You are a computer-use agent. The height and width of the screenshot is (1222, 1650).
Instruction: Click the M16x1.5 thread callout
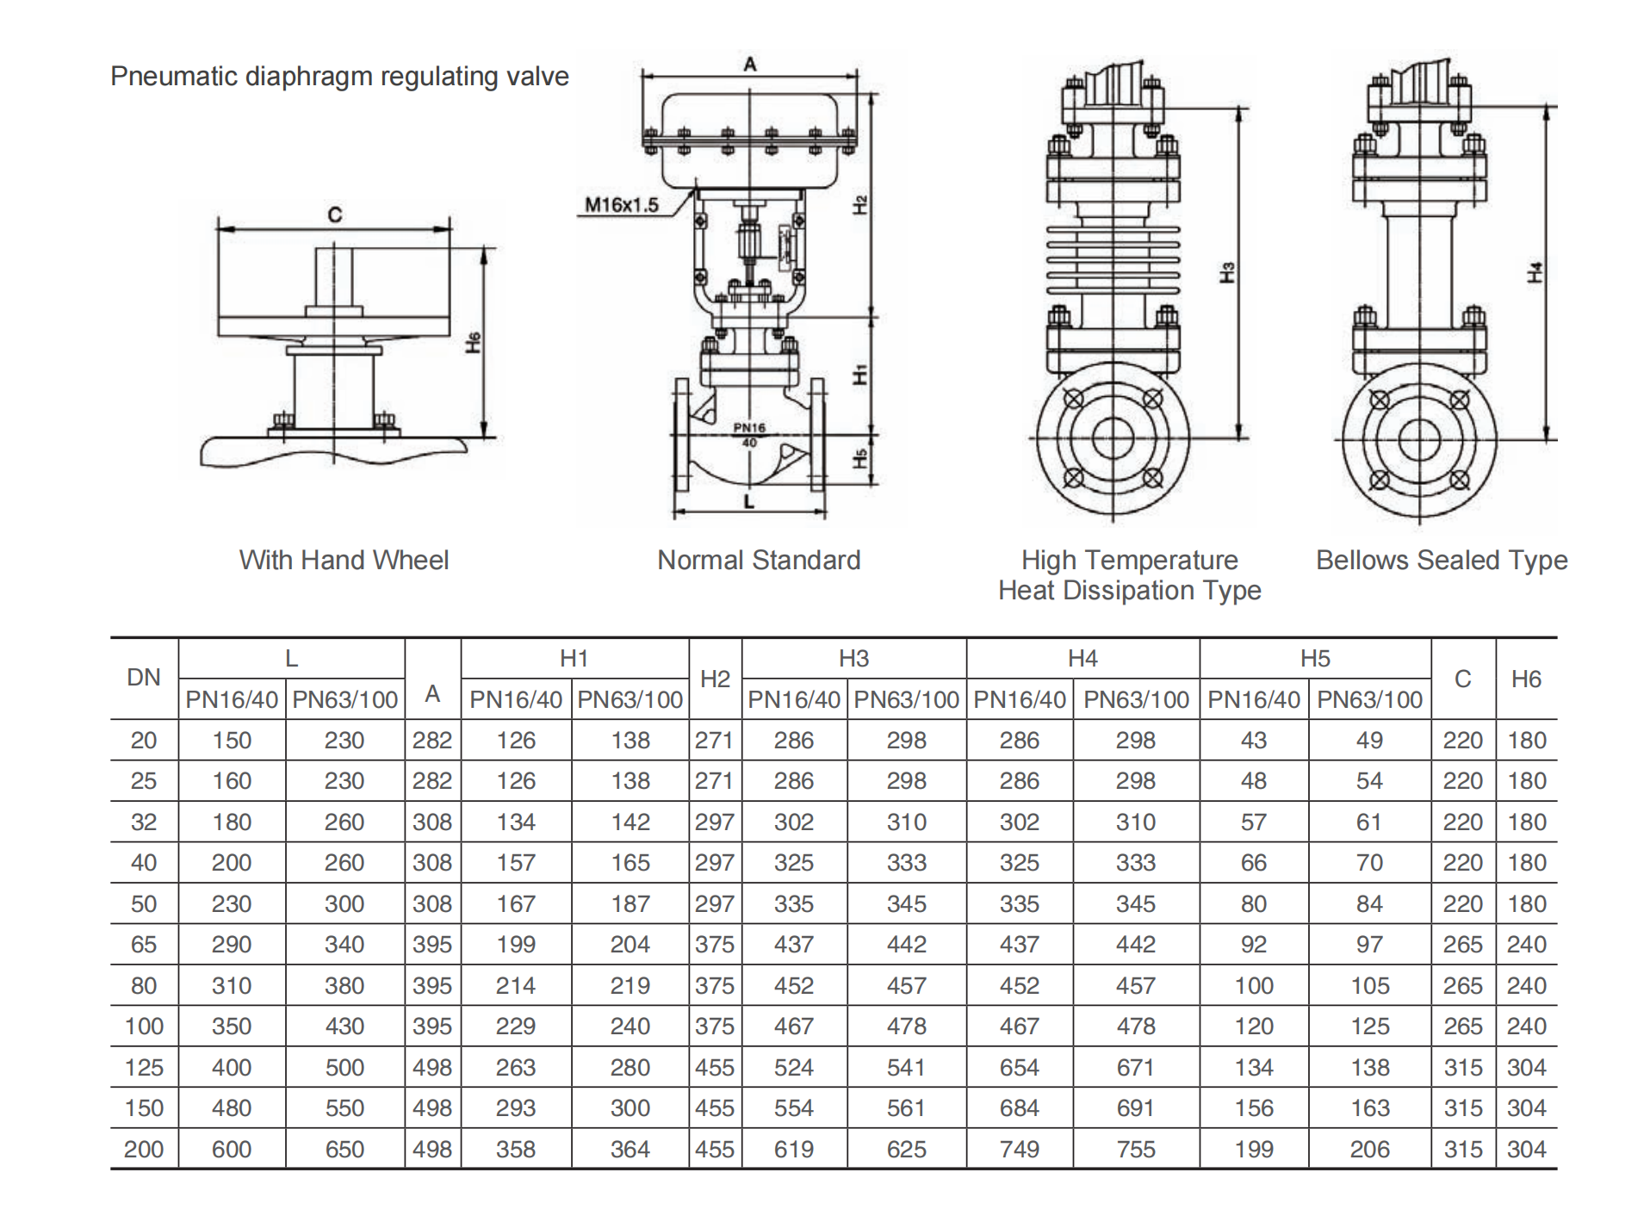[x=621, y=205]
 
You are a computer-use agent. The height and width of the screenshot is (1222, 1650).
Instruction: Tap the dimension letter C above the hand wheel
[x=334, y=214]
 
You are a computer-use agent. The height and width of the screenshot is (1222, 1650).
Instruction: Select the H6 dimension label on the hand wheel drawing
[x=473, y=342]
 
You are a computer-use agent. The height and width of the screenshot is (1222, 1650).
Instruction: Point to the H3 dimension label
[x=1227, y=272]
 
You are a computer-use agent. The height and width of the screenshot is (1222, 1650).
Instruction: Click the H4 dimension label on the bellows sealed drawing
[x=1535, y=272]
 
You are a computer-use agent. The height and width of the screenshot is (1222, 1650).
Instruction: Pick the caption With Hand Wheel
[x=344, y=561]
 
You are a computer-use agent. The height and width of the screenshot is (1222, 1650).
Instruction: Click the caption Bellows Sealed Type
[x=1441, y=561]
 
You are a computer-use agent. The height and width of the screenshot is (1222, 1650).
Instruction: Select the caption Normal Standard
[x=758, y=561]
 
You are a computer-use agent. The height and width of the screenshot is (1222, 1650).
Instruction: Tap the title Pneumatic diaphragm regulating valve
[x=339, y=77]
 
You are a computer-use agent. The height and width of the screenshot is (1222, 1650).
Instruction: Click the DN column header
[x=144, y=678]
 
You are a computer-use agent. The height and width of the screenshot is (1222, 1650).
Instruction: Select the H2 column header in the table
[x=715, y=679]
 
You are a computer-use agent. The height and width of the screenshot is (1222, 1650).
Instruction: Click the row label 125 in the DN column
[x=144, y=1067]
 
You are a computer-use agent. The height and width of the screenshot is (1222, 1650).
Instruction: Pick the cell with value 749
[x=1019, y=1149]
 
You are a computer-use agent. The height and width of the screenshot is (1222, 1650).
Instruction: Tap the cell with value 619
[x=793, y=1149]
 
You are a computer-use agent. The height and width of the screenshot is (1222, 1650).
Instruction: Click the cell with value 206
[x=1369, y=1149]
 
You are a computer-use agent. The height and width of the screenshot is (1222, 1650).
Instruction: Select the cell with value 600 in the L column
[x=232, y=1149]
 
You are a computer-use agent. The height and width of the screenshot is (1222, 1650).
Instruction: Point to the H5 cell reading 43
[x=1253, y=740]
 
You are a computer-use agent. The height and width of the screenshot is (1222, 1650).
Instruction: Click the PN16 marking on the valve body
[x=748, y=427]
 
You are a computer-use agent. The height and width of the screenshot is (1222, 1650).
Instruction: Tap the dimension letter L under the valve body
[x=748, y=501]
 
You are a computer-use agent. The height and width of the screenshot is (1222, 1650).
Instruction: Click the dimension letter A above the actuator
[x=750, y=64]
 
